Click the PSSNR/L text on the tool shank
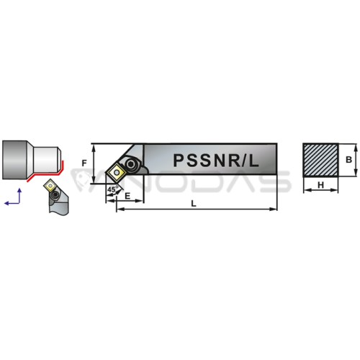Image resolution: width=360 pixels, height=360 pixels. click(x=216, y=161)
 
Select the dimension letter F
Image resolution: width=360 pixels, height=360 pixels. click(x=84, y=163)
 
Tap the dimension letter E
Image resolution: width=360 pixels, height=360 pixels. click(x=127, y=196)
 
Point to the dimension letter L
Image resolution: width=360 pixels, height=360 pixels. click(x=194, y=204)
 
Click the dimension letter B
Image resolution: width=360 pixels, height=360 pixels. click(x=348, y=160)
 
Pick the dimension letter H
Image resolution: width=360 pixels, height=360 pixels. click(x=320, y=185)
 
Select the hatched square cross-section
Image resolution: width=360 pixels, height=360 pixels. click(x=320, y=161)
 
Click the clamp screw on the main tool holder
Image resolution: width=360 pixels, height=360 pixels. click(x=131, y=164)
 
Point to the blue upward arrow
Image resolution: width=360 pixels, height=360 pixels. click(x=19, y=196)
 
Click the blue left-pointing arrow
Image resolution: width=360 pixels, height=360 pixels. click(x=12, y=203)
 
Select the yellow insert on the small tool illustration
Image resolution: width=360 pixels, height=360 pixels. click(x=50, y=185)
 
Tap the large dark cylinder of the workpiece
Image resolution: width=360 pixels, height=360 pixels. click(x=14, y=160)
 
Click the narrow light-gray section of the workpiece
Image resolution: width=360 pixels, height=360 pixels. click(x=45, y=160)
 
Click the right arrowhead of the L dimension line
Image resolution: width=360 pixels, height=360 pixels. click(x=274, y=209)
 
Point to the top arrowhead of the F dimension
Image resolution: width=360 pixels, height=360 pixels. click(x=94, y=148)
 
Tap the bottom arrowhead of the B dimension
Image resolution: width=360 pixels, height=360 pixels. click(x=356, y=173)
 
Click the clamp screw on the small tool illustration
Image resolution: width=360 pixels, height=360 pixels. click(x=55, y=194)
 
